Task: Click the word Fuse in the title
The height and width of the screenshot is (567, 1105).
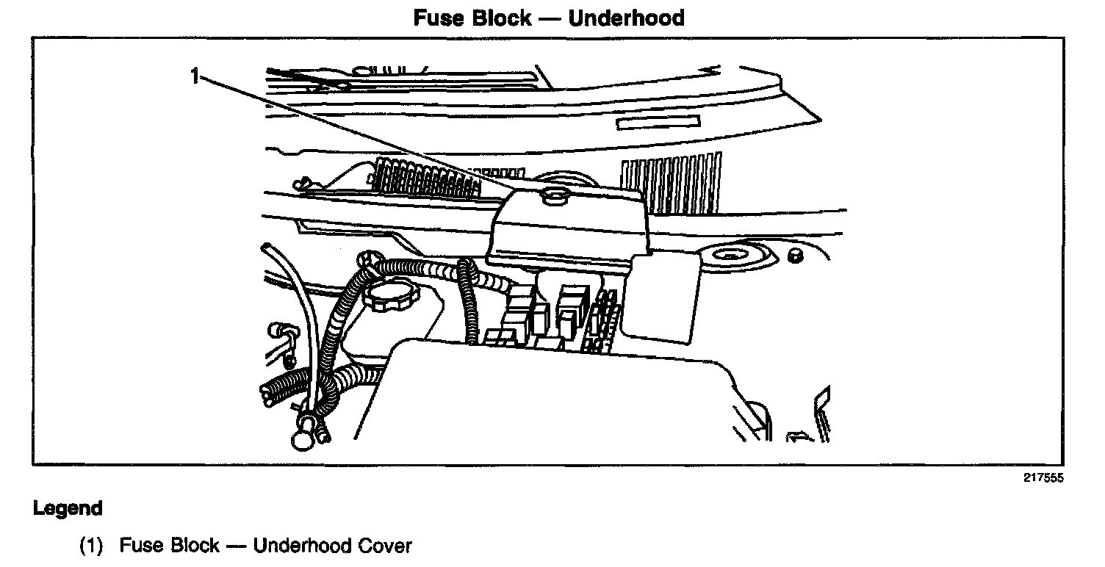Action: pos(438,18)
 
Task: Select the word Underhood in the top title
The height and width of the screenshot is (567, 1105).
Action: pos(627,18)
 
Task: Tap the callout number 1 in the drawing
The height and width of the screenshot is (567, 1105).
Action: pos(195,76)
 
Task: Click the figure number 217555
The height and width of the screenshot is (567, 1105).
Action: pos(1043,478)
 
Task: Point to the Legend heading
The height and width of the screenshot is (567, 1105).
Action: pos(68,508)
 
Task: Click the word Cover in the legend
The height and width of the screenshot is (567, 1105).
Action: pos(385,546)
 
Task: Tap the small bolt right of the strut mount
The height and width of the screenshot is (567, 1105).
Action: pos(793,255)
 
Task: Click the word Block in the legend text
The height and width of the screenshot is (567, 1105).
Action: pos(195,546)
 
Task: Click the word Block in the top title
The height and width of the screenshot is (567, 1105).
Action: pos(501,18)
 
